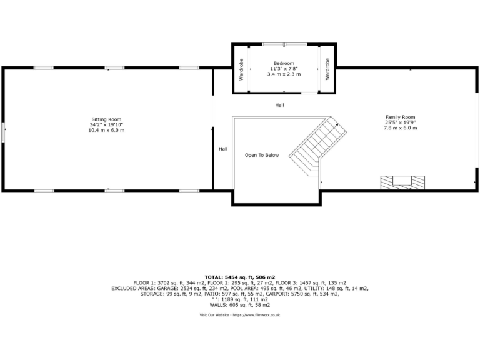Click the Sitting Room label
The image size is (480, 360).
(106, 119)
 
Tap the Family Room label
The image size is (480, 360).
(400, 117)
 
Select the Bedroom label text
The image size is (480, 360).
(285, 63)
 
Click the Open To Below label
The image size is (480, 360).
(262, 155)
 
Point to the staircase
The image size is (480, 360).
(317, 147)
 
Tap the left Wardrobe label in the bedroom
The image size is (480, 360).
(241, 69)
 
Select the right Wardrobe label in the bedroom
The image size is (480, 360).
(327, 69)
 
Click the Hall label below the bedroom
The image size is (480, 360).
(279, 105)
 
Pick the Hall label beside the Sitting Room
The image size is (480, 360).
(223, 149)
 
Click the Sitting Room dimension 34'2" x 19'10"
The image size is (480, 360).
(106, 124)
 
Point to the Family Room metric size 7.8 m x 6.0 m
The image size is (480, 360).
(400, 127)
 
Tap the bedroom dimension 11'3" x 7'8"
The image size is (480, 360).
(285, 68)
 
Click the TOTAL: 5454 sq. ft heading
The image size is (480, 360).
(239, 277)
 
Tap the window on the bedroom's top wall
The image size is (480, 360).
(284, 44)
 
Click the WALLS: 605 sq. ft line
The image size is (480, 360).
(239, 304)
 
